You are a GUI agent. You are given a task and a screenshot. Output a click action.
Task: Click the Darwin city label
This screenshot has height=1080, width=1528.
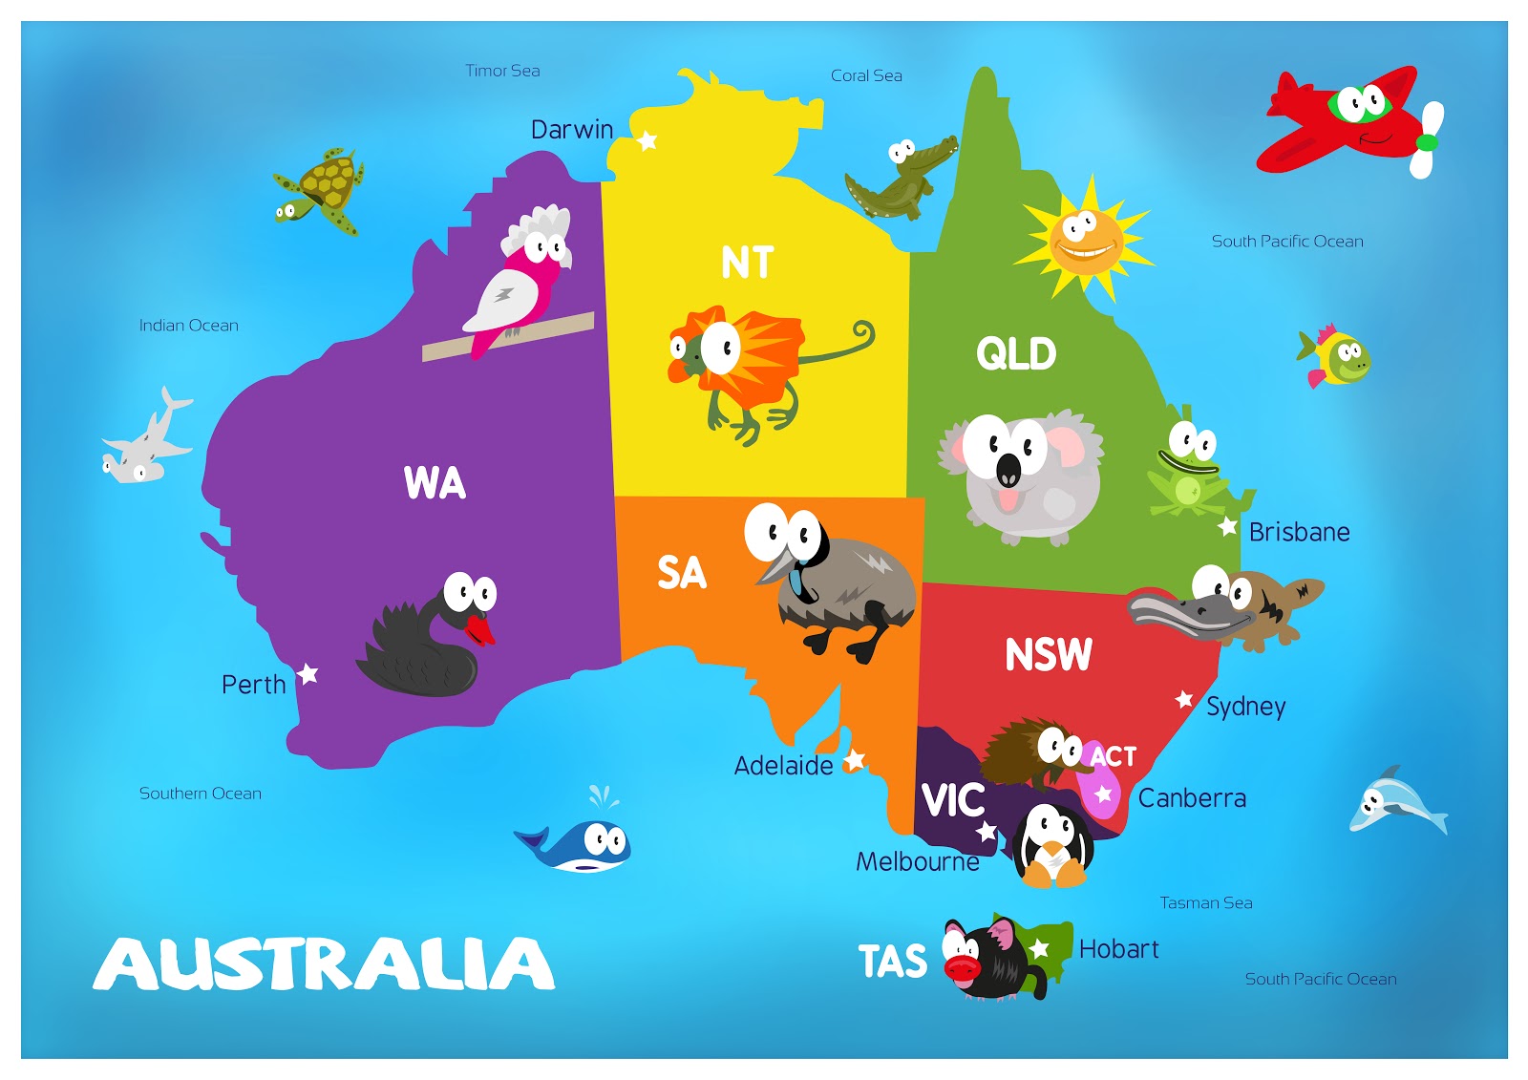tap(571, 130)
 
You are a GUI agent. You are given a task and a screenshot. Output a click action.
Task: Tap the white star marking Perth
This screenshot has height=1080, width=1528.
tap(308, 674)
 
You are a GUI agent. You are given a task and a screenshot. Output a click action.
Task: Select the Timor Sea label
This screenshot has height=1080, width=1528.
tap(502, 71)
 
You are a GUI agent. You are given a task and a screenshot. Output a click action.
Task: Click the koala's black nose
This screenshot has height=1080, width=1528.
tap(1008, 471)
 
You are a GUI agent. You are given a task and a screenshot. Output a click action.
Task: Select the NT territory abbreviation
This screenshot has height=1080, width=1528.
tap(747, 263)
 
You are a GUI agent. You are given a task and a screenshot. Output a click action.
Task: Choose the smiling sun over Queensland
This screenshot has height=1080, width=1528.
tap(1085, 239)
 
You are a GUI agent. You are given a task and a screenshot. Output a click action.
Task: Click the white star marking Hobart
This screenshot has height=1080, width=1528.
tap(1040, 949)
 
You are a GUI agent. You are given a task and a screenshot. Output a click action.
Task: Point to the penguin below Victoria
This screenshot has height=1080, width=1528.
tap(1052, 842)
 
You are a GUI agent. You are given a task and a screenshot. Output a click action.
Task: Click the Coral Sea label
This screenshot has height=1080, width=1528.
tap(866, 75)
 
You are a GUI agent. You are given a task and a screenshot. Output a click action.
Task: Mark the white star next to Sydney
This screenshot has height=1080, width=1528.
tap(1184, 700)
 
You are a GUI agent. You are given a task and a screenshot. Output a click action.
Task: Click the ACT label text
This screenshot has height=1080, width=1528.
tap(1114, 757)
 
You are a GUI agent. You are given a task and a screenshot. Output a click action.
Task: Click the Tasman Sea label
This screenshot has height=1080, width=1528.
tap(1206, 903)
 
